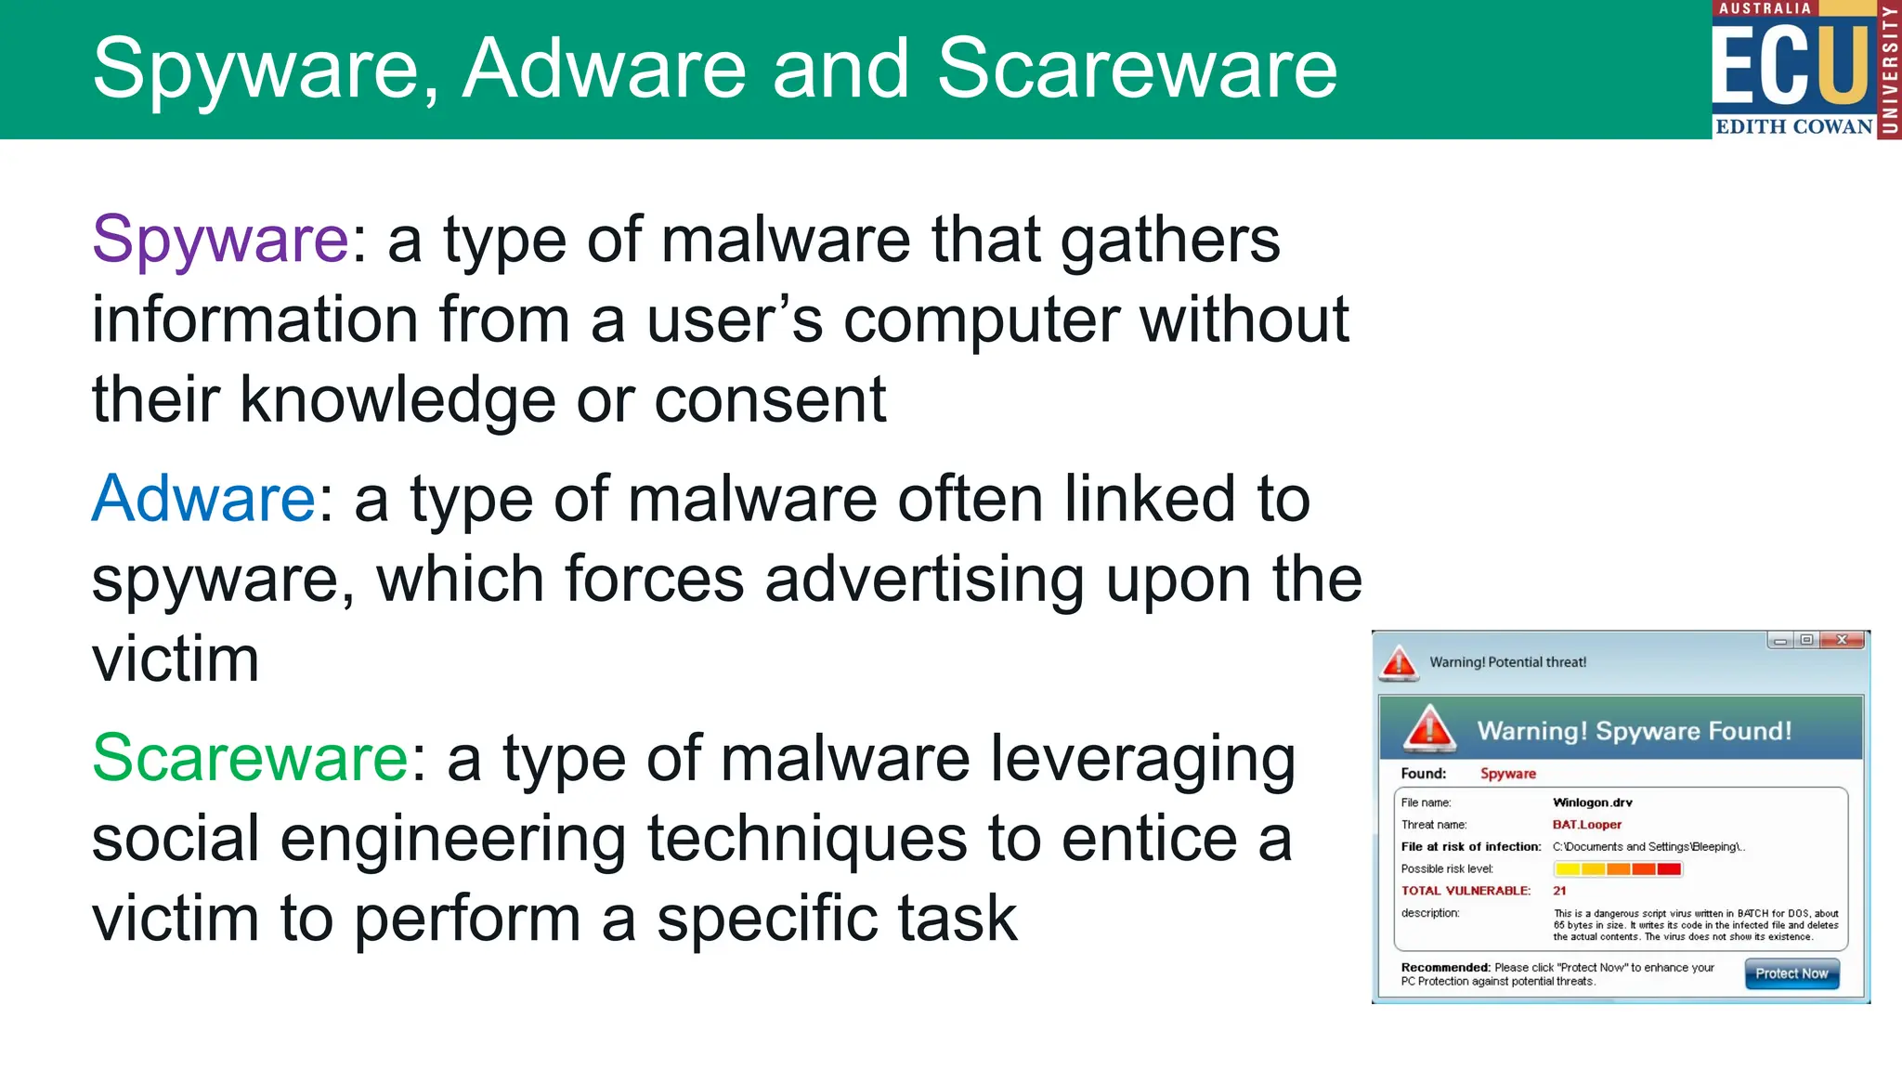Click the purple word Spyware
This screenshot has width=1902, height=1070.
(x=220, y=240)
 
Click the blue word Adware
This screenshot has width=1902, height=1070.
(x=203, y=499)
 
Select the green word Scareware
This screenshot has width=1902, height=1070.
(x=250, y=758)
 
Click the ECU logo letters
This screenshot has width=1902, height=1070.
(x=1789, y=65)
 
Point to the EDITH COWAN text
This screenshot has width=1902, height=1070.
(x=1793, y=126)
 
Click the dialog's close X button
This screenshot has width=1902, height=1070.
(x=1843, y=640)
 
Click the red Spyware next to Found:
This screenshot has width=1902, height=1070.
(x=1507, y=774)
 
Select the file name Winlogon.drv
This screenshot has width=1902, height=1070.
(x=1592, y=802)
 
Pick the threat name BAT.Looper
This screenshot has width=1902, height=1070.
(x=1586, y=825)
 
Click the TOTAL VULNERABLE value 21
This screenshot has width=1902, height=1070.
(x=1559, y=891)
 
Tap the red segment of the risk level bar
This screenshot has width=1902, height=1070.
(x=1669, y=869)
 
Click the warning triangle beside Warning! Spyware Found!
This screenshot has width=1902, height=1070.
(x=1428, y=728)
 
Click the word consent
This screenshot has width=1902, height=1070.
(x=770, y=400)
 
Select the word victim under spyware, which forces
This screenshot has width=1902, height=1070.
(x=175, y=659)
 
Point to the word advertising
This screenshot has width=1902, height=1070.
(x=924, y=580)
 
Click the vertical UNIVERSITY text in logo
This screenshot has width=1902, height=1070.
(x=1889, y=70)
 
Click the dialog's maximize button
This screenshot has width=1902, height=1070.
(x=1806, y=640)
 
